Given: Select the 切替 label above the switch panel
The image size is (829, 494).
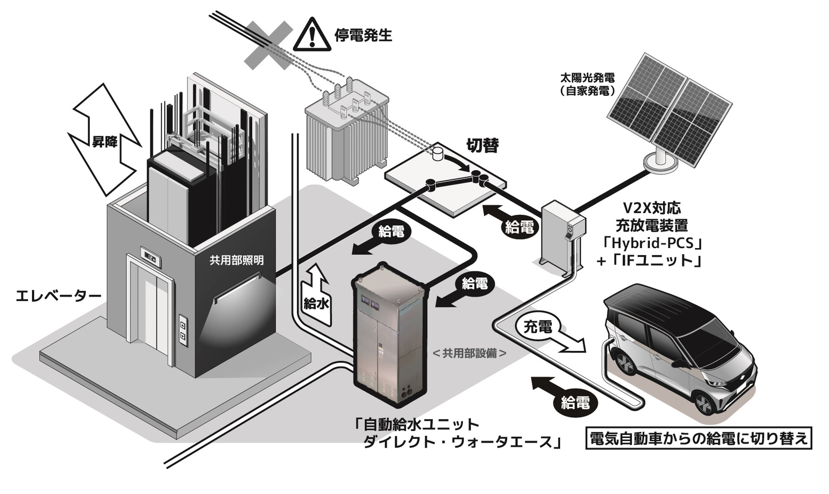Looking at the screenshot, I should (x=483, y=146).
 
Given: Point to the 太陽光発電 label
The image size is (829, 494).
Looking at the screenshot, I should (x=587, y=78).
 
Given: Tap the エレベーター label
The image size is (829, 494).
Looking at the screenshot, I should (x=58, y=296).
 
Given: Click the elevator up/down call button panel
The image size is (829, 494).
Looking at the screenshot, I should (x=184, y=330).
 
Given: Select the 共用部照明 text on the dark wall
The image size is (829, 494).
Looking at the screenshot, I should (x=237, y=260).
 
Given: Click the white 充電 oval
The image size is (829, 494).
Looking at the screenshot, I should (x=538, y=327).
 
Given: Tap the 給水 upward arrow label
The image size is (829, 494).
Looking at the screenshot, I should (x=316, y=304).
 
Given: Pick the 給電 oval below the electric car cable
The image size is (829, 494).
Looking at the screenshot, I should (x=575, y=403).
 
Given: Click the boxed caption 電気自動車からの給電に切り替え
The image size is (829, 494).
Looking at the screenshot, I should (x=698, y=438).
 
